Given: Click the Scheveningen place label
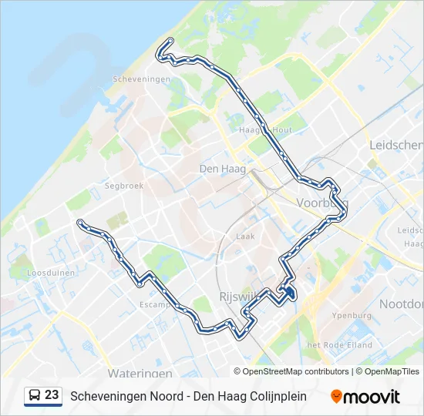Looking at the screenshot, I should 141,79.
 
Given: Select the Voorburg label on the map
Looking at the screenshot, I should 321,203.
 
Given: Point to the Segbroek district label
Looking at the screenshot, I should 124,186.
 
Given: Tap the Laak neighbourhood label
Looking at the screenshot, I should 246,237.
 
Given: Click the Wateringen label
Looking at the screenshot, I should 140,373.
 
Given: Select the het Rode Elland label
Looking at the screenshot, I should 339,345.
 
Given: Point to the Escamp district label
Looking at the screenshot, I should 154,305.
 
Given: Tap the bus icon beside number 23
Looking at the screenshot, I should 35,396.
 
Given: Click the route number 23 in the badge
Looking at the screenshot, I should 52,395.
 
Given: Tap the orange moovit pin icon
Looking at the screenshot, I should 336,397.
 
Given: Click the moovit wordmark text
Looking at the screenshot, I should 372,397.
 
